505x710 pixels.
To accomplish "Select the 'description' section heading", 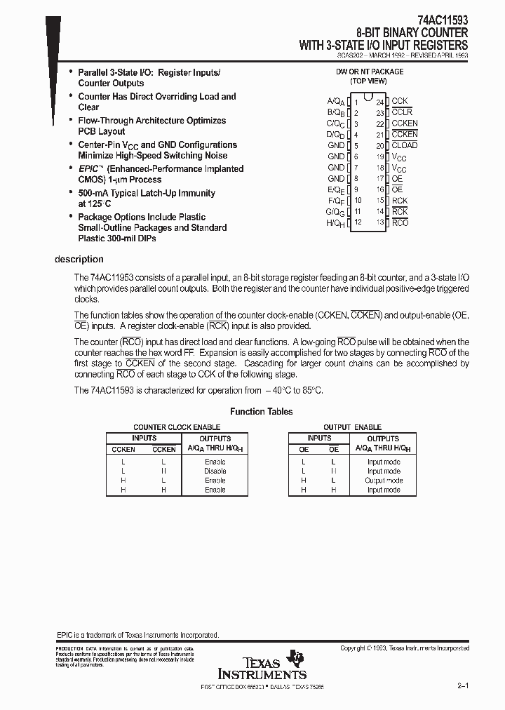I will (79, 260).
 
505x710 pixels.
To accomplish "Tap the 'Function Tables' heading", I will (262, 412).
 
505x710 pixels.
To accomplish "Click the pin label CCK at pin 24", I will (399, 101).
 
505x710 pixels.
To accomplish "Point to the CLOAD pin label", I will (404, 145).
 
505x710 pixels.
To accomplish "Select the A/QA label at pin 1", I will (335, 102).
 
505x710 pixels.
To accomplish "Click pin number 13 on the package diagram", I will (380, 222).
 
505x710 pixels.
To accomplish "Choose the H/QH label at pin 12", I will (335, 222).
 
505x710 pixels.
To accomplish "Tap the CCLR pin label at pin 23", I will (402, 112).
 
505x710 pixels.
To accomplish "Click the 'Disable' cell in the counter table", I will (215, 471).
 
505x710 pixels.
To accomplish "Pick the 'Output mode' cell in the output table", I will (384, 481).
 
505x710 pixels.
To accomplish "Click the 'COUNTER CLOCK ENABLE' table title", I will (177, 427).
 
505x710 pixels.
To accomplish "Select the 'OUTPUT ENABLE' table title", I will (352, 427).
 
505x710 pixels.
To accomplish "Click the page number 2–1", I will (463, 685).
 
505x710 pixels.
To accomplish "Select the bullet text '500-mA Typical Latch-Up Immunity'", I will (147, 193).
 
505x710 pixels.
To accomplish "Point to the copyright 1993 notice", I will (405, 648).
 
